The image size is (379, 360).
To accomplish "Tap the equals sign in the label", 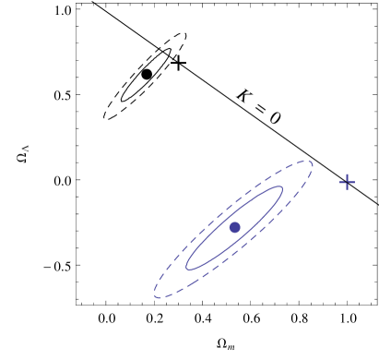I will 259,107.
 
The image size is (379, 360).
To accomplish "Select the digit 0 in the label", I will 273,117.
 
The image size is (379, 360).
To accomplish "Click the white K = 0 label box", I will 259,106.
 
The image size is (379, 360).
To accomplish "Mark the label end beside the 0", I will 280,121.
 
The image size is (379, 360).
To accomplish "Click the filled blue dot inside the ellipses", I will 235,227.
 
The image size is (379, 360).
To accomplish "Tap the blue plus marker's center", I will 348,182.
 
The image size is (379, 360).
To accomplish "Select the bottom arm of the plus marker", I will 347,188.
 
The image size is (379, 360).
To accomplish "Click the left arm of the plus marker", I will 341,181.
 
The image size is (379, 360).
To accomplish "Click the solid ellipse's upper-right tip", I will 281,189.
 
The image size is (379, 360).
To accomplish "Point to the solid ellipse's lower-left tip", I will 187,267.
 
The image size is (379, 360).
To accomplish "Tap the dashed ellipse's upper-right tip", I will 312,163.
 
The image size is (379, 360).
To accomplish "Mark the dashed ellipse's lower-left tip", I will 155,295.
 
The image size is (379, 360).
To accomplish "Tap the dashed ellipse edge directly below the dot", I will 235,260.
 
